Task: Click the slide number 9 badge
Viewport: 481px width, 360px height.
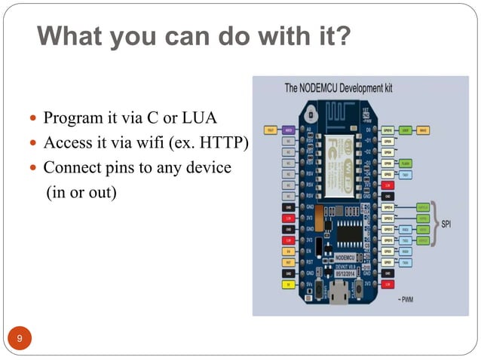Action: (x=20, y=338)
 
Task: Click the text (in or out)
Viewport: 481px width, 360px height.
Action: (x=81, y=192)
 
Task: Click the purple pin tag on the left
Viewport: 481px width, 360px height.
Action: (x=289, y=130)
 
